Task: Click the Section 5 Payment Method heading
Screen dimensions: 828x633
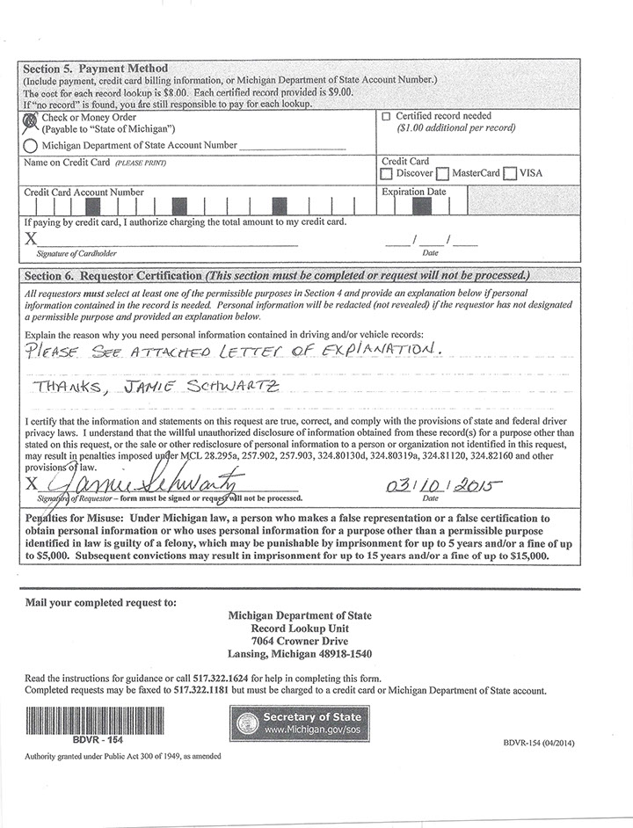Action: tap(95, 69)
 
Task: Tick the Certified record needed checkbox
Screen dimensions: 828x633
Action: tap(386, 116)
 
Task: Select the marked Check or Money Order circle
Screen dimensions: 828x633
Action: tap(30, 119)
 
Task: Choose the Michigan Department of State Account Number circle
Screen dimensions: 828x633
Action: tap(30, 145)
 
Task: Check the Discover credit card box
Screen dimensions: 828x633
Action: tap(386, 174)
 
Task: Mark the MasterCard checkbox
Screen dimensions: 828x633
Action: tap(442, 174)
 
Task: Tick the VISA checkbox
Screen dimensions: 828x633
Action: tap(510, 174)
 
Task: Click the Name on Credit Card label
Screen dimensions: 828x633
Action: tap(67, 163)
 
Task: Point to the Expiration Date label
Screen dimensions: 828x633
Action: tap(413, 192)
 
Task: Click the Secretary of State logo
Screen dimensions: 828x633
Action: tap(300, 724)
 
